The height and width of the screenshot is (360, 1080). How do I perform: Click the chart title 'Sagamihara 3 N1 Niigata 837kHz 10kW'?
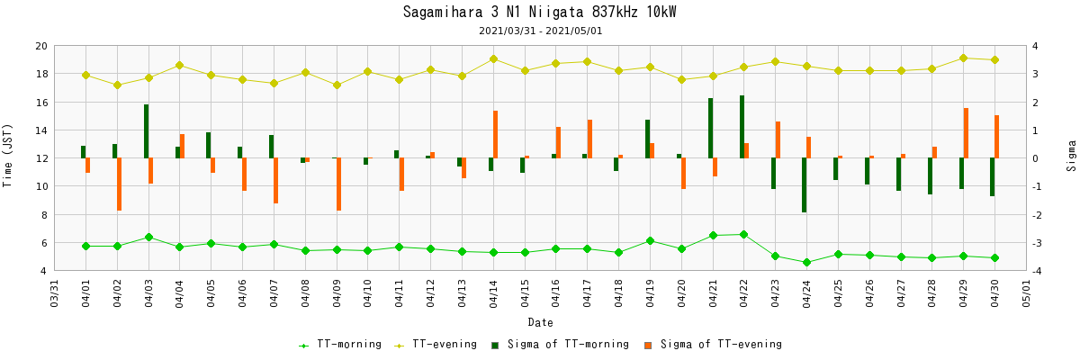click(540, 13)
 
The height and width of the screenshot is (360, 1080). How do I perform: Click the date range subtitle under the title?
click(540, 31)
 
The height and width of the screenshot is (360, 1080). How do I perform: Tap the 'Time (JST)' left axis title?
click(8, 155)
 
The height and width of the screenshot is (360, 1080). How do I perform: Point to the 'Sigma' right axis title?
click(1071, 156)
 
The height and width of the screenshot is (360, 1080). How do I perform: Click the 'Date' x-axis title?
click(540, 322)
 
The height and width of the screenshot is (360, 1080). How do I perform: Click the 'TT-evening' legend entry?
click(437, 345)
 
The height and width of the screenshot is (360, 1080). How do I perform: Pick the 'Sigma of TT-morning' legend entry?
click(559, 345)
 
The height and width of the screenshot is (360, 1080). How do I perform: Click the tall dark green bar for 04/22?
click(742, 127)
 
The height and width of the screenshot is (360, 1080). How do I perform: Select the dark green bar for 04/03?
click(146, 131)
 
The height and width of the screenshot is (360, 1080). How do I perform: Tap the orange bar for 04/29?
click(966, 133)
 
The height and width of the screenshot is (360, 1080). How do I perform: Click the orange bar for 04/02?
click(120, 184)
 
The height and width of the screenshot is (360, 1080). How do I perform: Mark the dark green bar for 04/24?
click(804, 185)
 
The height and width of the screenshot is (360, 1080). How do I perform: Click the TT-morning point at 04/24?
click(806, 263)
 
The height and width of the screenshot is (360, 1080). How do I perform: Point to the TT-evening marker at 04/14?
click(493, 59)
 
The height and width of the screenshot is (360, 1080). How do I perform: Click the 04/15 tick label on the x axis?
click(525, 293)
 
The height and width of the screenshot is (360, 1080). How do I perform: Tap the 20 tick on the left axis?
click(41, 46)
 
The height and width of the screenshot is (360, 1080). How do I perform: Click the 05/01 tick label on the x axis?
click(1026, 293)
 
